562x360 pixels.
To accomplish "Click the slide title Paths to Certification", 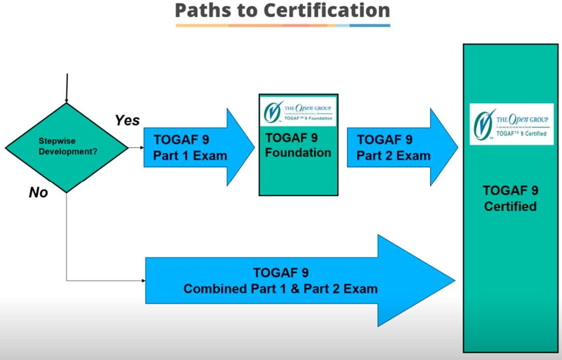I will (283, 10).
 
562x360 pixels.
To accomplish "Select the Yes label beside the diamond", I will (127, 120).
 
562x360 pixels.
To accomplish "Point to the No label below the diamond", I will (38, 193).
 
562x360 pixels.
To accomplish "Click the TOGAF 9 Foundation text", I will (298, 145).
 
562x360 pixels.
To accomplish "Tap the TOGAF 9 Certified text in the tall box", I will (510, 198).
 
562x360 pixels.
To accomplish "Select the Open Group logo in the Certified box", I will (511, 124).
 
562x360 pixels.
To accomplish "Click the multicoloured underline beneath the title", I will (283, 25).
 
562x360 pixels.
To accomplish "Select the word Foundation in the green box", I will (298, 153).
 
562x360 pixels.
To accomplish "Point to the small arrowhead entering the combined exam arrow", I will (143, 281).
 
